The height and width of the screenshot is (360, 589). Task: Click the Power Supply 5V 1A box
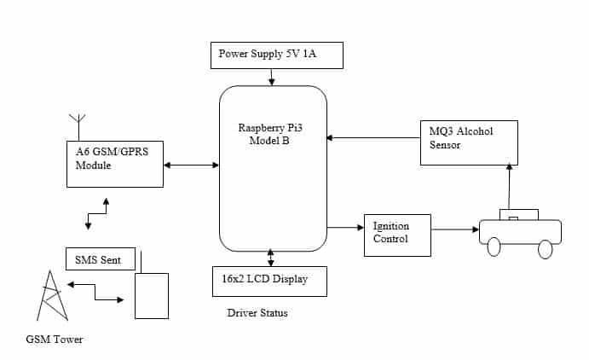(276, 55)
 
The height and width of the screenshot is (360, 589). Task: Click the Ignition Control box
(396, 233)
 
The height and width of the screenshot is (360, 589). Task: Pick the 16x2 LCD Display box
(269, 281)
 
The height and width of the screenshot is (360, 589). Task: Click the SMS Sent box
(100, 258)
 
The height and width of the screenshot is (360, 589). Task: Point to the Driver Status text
(257, 313)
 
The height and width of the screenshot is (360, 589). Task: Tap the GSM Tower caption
(55, 340)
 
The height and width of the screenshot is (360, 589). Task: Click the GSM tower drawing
(53, 295)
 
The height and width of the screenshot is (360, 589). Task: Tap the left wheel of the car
(494, 248)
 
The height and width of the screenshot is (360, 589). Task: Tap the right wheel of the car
(546, 248)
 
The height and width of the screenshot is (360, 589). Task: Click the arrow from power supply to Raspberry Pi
(272, 77)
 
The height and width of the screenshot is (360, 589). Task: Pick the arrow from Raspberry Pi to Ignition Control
(345, 227)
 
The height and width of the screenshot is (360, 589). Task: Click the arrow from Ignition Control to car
(454, 229)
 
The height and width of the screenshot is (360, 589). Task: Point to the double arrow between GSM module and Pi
(191, 165)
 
